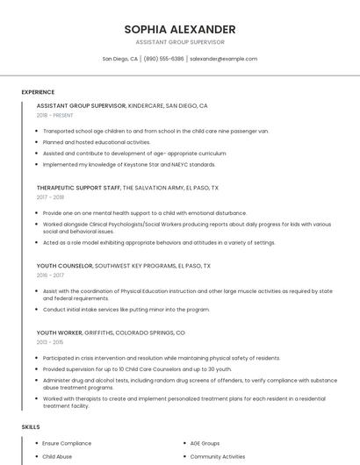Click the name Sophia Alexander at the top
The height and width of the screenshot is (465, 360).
(x=180, y=29)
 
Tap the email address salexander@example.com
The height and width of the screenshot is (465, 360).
(x=223, y=59)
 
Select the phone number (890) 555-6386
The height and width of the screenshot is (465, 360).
(x=163, y=59)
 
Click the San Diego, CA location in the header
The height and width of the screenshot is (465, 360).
(x=120, y=59)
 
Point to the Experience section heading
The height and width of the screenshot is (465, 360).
(x=38, y=92)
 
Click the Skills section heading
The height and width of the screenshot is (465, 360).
(x=31, y=426)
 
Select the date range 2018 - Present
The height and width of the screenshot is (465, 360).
(x=54, y=115)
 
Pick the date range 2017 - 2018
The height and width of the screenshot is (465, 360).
(x=50, y=197)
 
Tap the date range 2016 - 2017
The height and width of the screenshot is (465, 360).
(x=50, y=275)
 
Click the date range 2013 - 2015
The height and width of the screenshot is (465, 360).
(x=50, y=343)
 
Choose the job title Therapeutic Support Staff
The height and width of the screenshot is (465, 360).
(x=78, y=188)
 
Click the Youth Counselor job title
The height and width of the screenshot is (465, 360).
(x=64, y=265)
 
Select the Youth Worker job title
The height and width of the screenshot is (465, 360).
(x=59, y=333)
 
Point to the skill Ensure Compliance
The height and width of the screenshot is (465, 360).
(x=67, y=444)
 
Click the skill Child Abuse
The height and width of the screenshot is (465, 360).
(x=58, y=456)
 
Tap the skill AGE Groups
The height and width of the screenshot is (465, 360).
(x=205, y=444)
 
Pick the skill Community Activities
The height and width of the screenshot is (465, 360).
(x=218, y=456)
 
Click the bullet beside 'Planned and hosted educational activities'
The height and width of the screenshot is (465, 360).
(x=37, y=141)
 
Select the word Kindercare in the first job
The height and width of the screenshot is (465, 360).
(x=146, y=105)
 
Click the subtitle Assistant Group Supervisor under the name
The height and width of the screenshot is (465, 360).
(x=180, y=42)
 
